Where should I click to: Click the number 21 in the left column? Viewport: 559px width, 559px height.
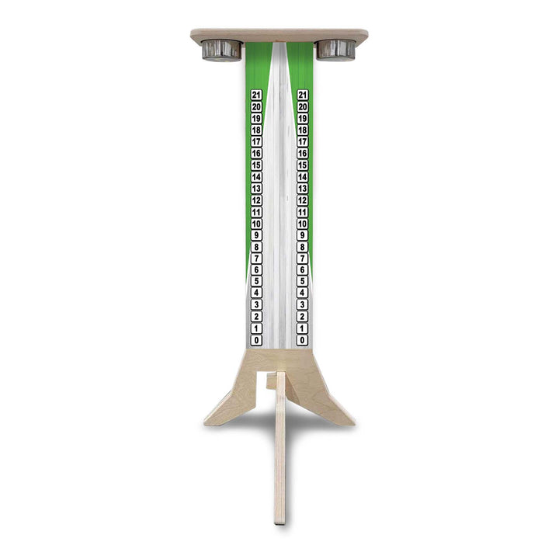tap(257, 95)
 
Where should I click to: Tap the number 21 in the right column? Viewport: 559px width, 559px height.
tap(303, 95)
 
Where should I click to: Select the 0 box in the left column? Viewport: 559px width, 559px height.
tap(257, 340)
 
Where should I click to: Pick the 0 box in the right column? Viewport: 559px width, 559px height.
tap(303, 340)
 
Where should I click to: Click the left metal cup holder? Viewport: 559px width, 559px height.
tap(222, 50)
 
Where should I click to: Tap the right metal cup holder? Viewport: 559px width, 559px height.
tap(335, 50)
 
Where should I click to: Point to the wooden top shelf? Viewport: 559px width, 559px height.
tap(279, 35)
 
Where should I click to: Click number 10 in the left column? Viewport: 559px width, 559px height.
tap(257, 224)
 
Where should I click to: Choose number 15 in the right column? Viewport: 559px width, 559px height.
tap(303, 165)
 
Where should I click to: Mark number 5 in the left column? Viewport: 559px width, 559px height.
tap(257, 282)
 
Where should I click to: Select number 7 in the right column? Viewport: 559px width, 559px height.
tap(303, 259)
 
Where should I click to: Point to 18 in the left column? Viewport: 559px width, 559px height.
tap(257, 130)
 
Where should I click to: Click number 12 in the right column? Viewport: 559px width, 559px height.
tap(303, 200)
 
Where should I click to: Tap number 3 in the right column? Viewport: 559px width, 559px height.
tap(303, 305)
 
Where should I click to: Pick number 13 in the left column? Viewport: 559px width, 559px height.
tap(257, 189)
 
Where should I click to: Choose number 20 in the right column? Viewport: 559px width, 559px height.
tap(303, 106)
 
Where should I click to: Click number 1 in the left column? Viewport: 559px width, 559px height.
tap(257, 328)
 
